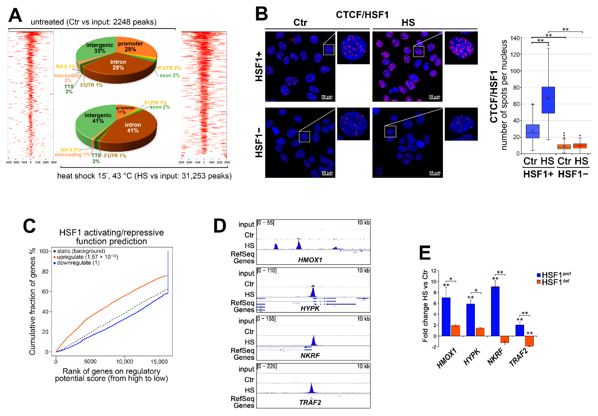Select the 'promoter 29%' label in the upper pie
[130, 46]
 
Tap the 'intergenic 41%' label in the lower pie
[98, 118]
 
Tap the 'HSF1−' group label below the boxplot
[573, 174]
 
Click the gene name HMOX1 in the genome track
[310, 260]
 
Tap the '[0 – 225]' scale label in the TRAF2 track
[267, 366]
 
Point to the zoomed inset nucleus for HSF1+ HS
[461, 48]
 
